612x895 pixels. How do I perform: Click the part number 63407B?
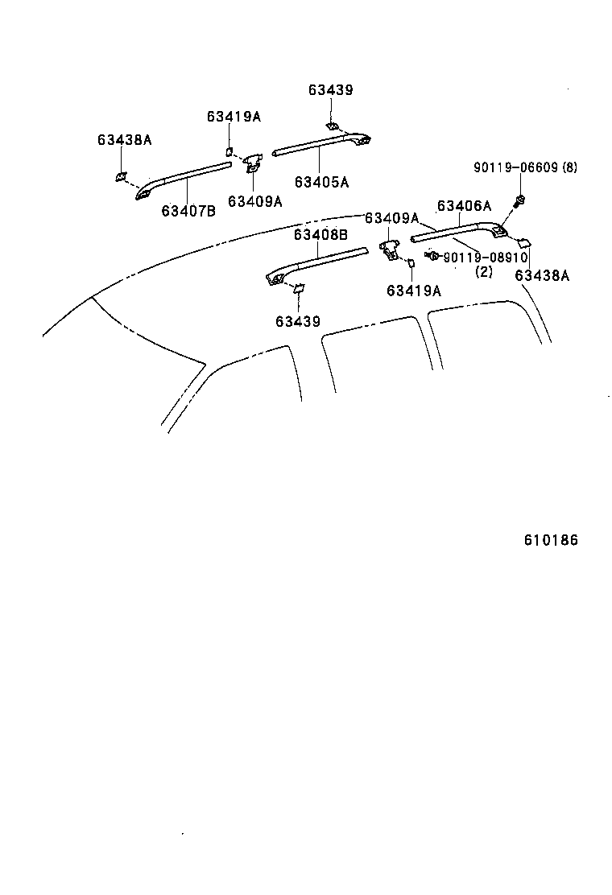click(x=188, y=211)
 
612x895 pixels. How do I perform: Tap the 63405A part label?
click(x=321, y=182)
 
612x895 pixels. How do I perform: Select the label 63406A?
click(x=464, y=205)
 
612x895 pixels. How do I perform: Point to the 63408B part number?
click(x=320, y=234)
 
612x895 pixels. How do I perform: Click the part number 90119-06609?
click(x=514, y=167)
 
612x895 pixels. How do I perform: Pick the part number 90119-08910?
click(x=485, y=258)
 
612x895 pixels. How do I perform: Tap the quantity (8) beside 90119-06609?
click(x=569, y=167)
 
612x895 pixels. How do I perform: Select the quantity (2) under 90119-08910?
click(x=483, y=272)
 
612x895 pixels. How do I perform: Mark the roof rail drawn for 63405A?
click(x=322, y=145)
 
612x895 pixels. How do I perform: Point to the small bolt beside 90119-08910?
click(x=432, y=256)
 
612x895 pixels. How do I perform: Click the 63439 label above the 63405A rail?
click(x=330, y=90)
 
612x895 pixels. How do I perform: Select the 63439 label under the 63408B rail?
click(x=297, y=321)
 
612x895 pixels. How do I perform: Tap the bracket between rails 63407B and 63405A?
click(x=253, y=163)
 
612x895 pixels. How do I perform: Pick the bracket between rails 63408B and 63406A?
click(x=389, y=248)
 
